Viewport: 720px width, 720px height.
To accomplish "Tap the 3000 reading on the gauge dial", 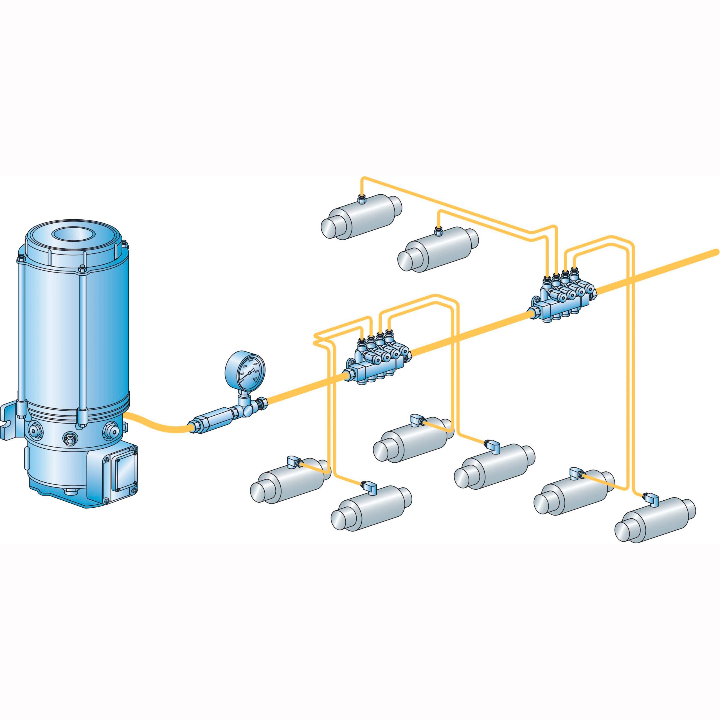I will [250, 361].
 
